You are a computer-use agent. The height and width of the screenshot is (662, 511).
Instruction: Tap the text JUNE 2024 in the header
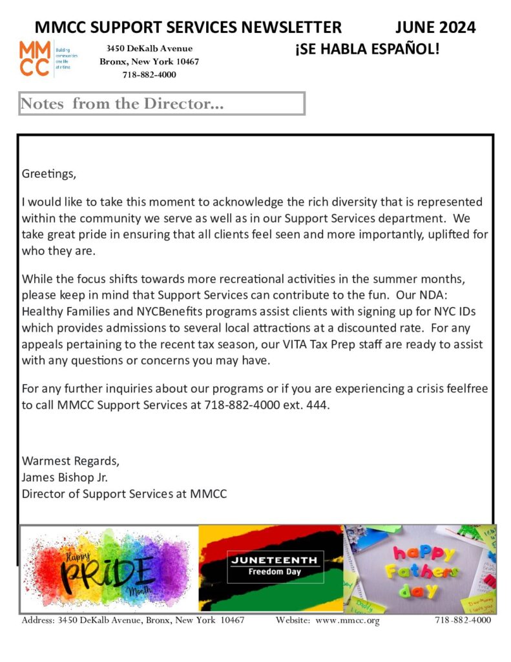click(435, 27)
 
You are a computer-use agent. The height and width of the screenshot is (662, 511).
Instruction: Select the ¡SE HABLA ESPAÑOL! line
click(367, 49)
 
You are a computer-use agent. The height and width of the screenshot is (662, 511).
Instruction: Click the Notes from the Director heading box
click(162, 104)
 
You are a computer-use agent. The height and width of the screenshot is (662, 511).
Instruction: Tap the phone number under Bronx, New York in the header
click(149, 74)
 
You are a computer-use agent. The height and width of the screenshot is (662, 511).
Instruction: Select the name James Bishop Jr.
click(65, 478)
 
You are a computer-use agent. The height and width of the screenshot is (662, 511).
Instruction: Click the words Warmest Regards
click(70, 462)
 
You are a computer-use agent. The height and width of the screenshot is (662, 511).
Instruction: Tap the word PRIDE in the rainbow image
click(107, 571)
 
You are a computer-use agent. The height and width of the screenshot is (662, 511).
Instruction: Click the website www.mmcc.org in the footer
click(347, 621)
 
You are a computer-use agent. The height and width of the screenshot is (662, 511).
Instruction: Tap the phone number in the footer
click(463, 621)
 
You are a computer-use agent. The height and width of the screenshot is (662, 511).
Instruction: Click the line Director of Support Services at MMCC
click(125, 494)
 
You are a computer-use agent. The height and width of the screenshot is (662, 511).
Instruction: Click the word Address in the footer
click(38, 621)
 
